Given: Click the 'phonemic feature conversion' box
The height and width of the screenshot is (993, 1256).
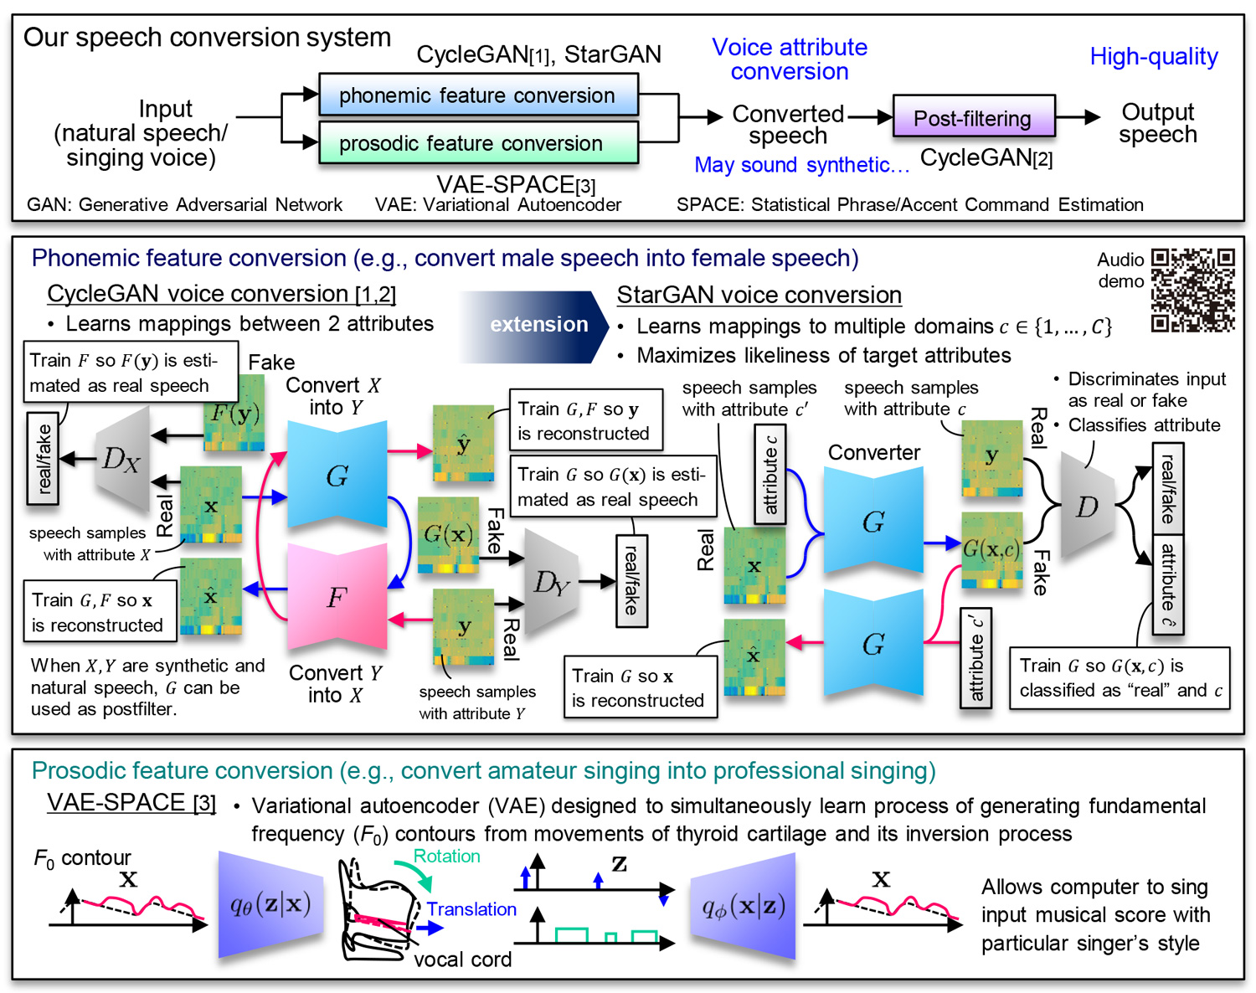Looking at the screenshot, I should pos(478,95).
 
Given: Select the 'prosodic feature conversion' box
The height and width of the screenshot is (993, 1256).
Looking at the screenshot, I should pos(478,143).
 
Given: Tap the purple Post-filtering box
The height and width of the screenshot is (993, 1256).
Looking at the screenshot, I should pos(973,118).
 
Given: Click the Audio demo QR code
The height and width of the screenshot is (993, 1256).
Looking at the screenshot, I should pos(1192,290).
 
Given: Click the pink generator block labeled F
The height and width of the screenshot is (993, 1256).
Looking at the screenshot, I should pos(337,597).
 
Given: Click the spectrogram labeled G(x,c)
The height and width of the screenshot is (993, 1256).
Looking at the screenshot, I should pos(991,550).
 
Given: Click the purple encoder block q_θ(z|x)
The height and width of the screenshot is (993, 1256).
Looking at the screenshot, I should pos(270,904).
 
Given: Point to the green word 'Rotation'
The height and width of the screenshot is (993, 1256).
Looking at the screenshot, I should pos(447,856).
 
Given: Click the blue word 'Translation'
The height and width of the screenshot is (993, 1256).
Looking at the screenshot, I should pos(471,909).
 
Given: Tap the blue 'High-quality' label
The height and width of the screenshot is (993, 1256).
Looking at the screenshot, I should pos(1153,57).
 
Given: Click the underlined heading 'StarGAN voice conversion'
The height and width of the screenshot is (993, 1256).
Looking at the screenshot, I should pos(759,295).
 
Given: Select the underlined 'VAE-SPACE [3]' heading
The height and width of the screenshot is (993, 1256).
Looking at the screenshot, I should pos(131,802).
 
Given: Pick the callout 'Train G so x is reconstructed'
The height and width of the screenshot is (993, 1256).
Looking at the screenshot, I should pos(640,687).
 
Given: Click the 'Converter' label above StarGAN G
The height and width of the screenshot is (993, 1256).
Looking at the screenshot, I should pos(873,453).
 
